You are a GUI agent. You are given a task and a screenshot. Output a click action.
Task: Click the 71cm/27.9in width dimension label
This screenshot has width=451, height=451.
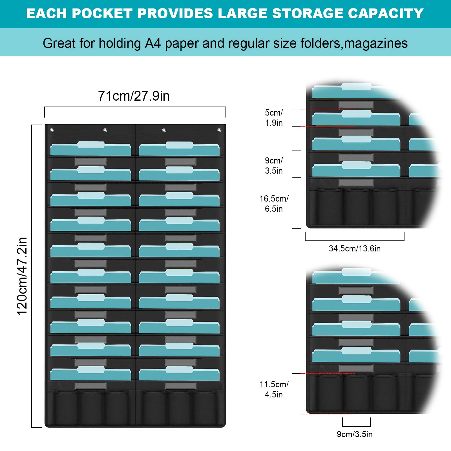[x=134, y=96]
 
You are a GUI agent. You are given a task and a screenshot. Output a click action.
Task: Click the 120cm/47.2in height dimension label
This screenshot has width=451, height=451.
[x=22, y=276]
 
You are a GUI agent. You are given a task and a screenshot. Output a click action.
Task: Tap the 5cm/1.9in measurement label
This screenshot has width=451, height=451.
[x=274, y=118]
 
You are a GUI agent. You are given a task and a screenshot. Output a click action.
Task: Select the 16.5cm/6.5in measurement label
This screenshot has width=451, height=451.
[x=274, y=204]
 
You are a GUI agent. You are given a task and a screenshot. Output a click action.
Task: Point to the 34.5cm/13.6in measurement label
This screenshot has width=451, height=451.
[x=355, y=248]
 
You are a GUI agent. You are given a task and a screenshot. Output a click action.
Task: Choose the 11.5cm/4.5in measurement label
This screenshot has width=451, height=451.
[x=274, y=389]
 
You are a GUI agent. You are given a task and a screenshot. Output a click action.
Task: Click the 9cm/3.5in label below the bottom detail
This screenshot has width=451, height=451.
[x=355, y=434]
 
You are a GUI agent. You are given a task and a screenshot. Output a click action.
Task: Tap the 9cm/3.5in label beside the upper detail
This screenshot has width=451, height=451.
[x=274, y=165]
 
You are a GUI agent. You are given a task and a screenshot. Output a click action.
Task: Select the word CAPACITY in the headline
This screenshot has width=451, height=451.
[x=386, y=14]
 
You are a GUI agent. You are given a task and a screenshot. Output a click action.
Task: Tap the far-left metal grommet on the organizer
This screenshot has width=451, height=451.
[x=52, y=130]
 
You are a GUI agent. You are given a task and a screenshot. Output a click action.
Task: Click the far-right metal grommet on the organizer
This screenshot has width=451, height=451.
[x=219, y=130]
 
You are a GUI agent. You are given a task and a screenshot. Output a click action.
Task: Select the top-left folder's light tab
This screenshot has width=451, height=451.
[x=91, y=145]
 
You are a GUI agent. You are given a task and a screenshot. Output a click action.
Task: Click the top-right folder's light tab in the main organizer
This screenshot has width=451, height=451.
[x=179, y=145]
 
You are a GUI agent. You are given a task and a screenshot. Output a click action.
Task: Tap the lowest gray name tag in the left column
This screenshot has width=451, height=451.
[x=90, y=386]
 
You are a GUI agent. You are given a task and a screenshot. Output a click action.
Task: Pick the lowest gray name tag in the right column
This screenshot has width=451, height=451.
[x=180, y=386]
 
